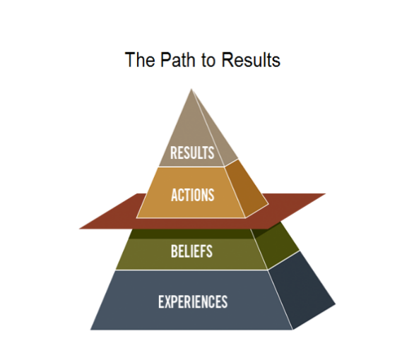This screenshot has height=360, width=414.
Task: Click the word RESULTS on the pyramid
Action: [192, 152]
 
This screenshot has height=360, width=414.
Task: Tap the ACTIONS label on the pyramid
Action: [192, 194]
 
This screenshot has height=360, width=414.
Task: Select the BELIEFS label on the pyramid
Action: [191, 251]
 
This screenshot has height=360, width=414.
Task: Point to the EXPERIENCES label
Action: [193, 301]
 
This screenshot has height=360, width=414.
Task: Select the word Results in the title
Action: [251, 60]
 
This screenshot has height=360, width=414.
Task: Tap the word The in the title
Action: [136, 60]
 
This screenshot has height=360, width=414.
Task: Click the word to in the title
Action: [207, 60]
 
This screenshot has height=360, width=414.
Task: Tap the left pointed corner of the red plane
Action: [81, 228]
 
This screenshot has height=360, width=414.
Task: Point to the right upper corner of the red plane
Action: [325, 194]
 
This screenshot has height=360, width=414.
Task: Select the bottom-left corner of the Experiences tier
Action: [91, 329]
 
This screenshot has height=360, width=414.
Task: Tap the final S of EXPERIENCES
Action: [224, 301]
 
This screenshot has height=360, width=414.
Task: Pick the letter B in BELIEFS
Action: [175, 251]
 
